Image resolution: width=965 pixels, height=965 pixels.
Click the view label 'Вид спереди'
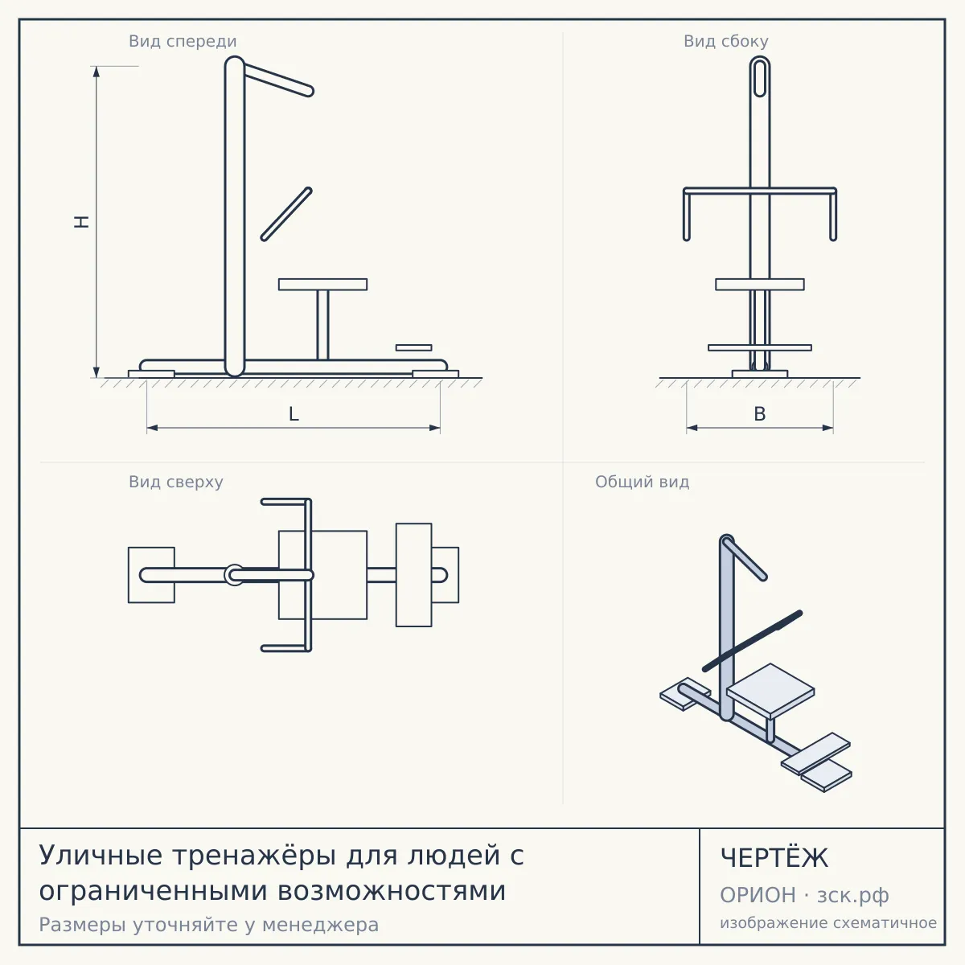[x=183, y=41]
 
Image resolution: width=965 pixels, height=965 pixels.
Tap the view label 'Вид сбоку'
[x=725, y=41]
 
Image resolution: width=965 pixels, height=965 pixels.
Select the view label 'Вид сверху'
[x=176, y=482]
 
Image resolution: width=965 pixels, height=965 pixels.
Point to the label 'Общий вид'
[x=642, y=482]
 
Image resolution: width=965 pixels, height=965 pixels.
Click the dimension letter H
[x=82, y=222]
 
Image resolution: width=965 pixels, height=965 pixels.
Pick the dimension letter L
[x=294, y=414]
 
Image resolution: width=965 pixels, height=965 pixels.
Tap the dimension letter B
[x=760, y=414]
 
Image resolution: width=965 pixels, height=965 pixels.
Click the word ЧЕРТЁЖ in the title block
[x=774, y=858]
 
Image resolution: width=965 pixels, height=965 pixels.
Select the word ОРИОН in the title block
[x=758, y=895]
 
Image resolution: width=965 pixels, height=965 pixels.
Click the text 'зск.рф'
[x=853, y=896]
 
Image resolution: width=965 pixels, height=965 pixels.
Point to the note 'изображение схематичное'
[x=828, y=923]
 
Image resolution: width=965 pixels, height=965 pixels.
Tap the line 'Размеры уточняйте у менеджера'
[x=209, y=925]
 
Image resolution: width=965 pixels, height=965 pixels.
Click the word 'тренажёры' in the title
[x=254, y=855]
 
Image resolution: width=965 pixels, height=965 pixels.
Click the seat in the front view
[x=322, y=285]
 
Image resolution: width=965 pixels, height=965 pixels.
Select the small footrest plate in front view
[x=413, y=347]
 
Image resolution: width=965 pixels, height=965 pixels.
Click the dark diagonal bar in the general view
[x=752, y=640]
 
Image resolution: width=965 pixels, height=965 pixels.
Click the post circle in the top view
[x=234, y=575]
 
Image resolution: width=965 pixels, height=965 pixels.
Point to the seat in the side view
[x=760, y=285]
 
